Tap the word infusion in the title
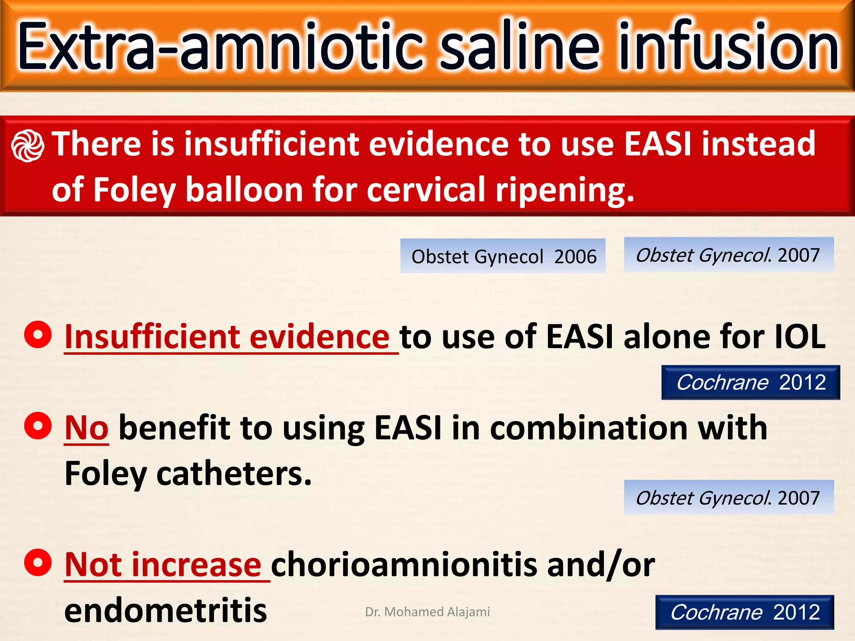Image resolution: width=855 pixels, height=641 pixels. click(x=728, y=46)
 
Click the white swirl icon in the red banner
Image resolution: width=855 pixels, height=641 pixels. click(x=28, y=146)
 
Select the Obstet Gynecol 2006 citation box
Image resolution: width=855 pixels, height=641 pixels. click(x=503, y=256)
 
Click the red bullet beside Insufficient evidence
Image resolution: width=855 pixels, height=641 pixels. click(x=38, y=335)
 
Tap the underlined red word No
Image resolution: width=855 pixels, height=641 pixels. click(x=86, y=428)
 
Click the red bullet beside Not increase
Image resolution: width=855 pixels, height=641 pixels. click(x=38, y=563)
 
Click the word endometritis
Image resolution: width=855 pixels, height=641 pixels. click(x=165, y=610)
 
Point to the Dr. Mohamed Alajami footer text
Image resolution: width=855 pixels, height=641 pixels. click(x=427, y=612)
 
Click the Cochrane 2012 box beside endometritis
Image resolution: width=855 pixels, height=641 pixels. click(x=744, y=612)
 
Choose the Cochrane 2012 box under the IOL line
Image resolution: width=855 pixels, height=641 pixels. click(x=750, y=382)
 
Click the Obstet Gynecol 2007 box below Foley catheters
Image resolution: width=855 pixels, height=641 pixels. click(x=729, y=497)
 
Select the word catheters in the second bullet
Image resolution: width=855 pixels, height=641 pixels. click(x=234, y=474)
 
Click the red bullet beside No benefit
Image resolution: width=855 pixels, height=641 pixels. click(x=38, y=426)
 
